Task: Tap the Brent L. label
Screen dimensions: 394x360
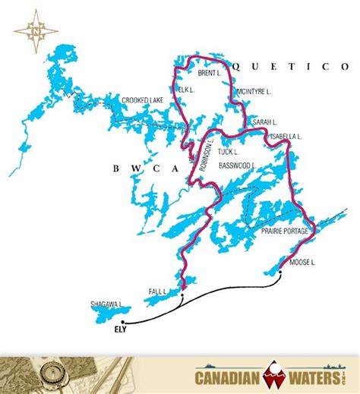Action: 209,74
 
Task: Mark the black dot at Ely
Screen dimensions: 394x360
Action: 122,322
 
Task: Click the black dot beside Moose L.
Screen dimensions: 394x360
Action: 280,275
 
